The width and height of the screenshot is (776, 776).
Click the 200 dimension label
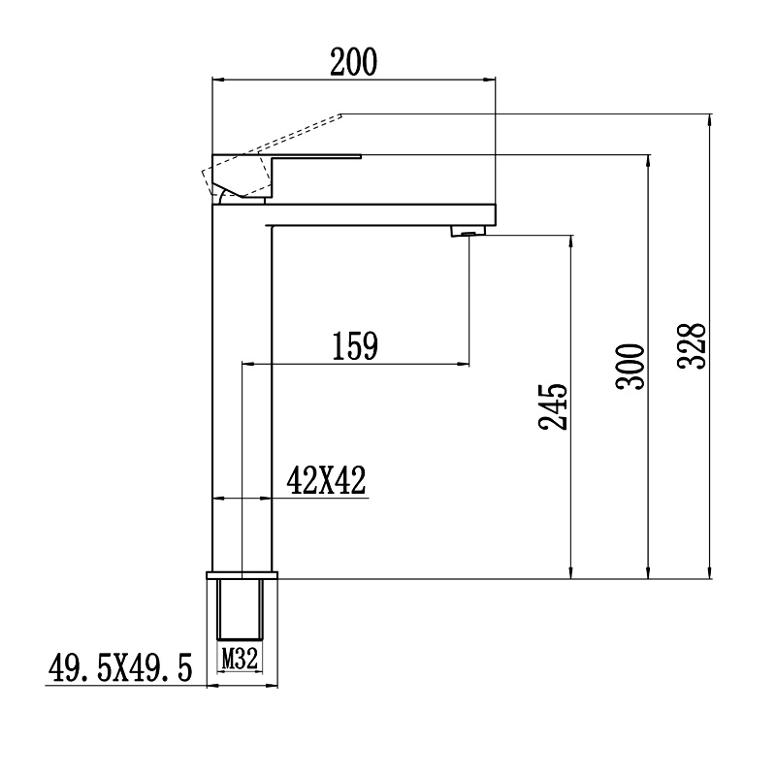coord(353,62)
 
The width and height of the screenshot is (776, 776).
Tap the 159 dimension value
coord(355,345)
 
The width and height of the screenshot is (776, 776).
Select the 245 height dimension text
coord(553,406)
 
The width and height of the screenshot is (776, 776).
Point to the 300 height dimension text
coord(630,367)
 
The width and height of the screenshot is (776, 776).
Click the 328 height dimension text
coord(691,346)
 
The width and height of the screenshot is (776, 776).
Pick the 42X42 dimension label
coord(326,480)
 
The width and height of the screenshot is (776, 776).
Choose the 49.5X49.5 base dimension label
coord(120,667)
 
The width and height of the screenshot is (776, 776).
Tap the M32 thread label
coord(240,659)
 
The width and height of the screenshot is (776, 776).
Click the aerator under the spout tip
coord(469,231)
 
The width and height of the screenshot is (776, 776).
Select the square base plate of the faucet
coord(242,575)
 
